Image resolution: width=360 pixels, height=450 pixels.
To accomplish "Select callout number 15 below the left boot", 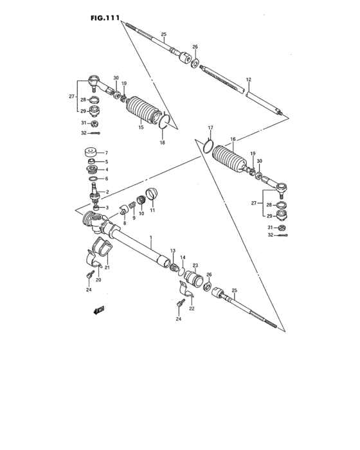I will coord(141,128).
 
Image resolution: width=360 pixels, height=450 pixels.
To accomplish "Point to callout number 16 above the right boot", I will coord(233,139).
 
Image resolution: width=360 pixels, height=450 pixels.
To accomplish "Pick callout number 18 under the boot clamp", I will coord(163,142).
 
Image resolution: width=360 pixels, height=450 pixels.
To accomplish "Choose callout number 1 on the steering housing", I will coord(150,238).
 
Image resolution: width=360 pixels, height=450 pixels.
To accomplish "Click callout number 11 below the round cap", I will coord(152,210).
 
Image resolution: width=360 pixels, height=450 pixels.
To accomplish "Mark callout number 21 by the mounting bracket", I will coord(107,267).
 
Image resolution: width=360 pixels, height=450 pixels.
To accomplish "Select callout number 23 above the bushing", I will coord(195,265).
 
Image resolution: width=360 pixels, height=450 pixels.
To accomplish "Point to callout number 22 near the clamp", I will coord(192,308).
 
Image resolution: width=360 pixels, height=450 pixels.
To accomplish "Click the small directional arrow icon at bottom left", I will coord(98,311).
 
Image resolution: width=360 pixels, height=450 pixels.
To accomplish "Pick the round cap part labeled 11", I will coord(152,194).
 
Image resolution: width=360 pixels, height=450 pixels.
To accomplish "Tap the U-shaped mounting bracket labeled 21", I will coord(97,253).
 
